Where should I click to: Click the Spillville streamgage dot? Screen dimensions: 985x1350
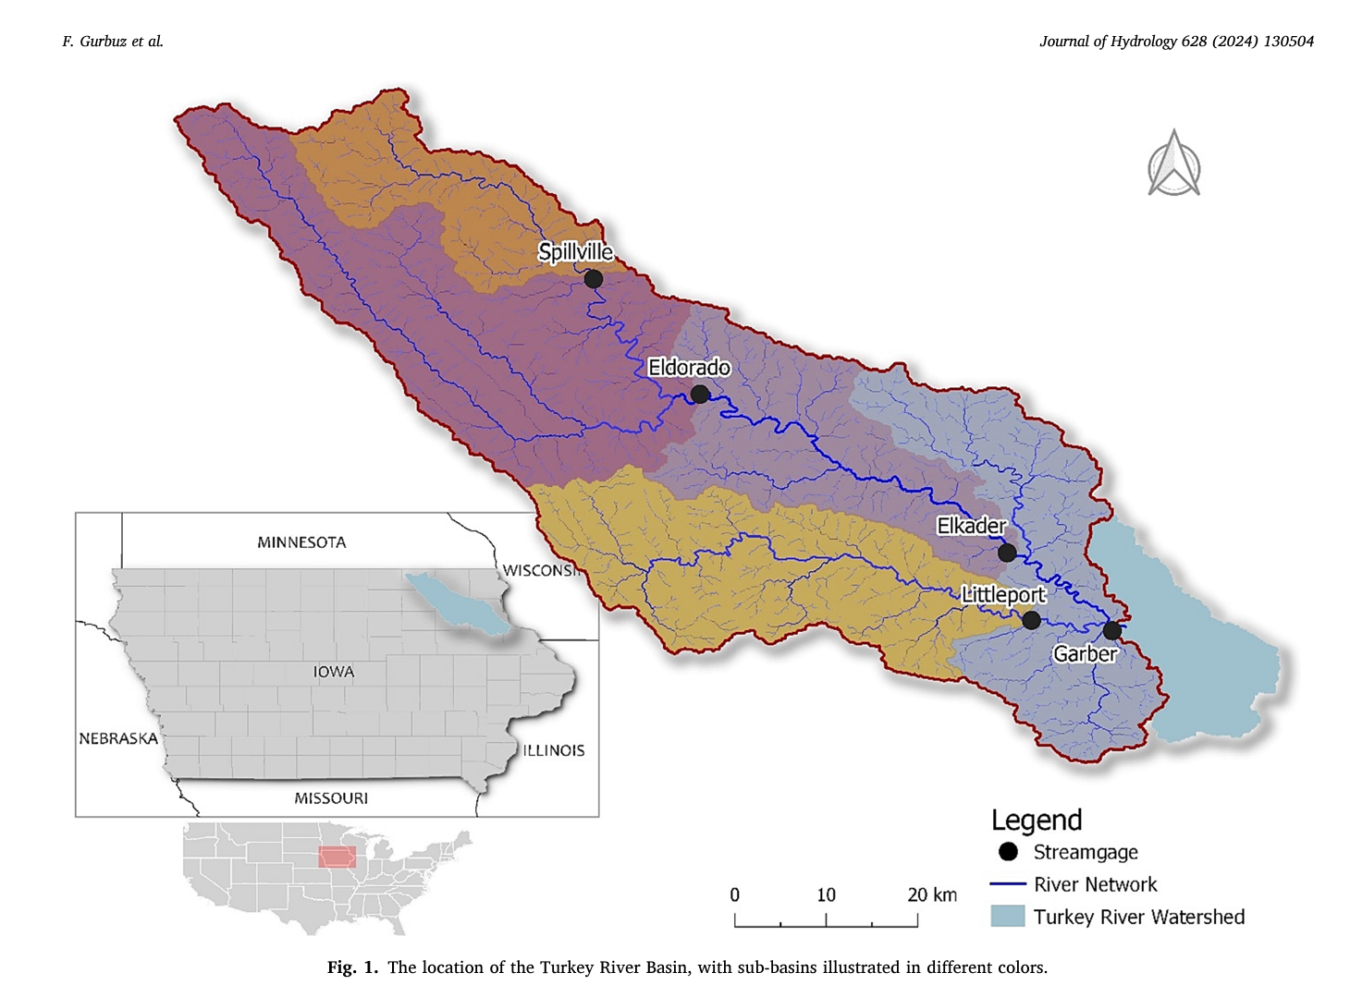click(594, 278)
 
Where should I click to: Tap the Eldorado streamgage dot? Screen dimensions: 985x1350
click(700, 395)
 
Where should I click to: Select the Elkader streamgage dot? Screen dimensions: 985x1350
click(1007, 553)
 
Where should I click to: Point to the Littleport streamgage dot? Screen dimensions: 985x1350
click(1031, 621)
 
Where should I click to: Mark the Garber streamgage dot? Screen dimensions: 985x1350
click(1111, 631)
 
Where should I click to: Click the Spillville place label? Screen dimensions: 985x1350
click(575, 251)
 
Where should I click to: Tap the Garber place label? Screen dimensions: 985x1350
click(1086, 654)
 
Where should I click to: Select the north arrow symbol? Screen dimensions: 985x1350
click(1173, 164)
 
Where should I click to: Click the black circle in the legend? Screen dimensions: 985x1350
click(1008, 852)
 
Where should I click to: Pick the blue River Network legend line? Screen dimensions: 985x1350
click(1008, 884)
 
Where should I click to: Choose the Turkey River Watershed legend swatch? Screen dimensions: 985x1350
click(1008, 916)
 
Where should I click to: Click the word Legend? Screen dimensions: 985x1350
click(1037, 821)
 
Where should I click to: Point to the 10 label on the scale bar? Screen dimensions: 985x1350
click(826, 894)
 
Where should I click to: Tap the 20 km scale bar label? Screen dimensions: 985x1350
click(931, 894)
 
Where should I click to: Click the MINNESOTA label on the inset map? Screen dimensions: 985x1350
click(301, 542)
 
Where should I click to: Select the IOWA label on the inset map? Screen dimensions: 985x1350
click(333, 672)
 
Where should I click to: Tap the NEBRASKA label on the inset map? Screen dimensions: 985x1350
click(118, 738)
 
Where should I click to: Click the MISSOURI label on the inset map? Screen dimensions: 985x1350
click(331, 798)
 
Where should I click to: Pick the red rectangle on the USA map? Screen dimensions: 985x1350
click(337, 857)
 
